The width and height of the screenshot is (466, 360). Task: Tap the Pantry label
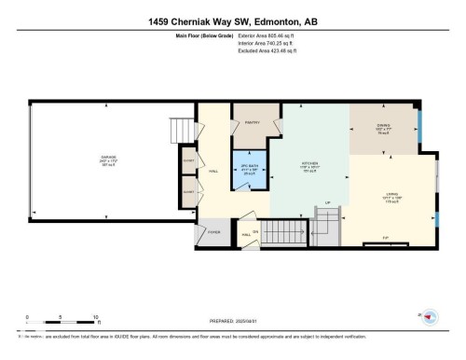pos(251,122)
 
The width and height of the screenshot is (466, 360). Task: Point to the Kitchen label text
pos(311,163)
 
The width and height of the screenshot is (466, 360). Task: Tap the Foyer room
pos(213,233)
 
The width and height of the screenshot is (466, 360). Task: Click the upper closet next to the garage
pos(188,160)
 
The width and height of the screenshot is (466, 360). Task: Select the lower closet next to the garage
pos(188,191)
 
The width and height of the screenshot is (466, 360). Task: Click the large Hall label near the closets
pos(212,172)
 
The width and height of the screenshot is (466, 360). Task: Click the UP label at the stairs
pos(328,204)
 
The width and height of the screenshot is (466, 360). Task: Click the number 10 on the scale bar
pos(96,317)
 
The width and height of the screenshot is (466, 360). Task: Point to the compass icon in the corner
pos(428,319)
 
